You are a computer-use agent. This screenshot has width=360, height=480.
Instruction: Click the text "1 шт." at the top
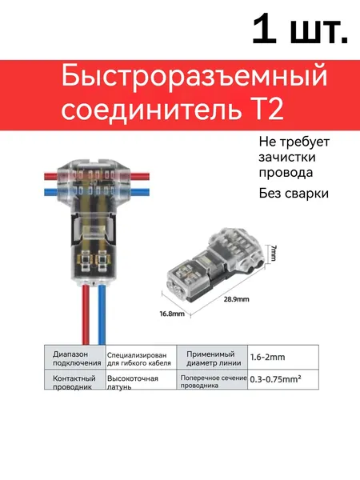pos(300,30)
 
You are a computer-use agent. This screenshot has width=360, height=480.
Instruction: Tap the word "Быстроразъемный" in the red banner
pos(194,76)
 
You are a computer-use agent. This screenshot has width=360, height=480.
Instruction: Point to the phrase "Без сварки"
pos(294,193)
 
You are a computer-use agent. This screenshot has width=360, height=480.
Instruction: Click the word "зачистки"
pos(287,157)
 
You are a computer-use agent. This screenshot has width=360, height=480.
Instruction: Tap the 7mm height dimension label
pos(273,253)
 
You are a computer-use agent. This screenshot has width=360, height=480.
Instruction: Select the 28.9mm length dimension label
pos(236,299)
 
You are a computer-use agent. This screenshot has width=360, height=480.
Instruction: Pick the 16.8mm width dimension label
pos(172,314)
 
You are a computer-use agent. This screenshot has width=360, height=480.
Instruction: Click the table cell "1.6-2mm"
pos(267,358)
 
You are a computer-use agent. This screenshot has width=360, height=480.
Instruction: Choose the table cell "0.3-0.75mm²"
pos(275,379)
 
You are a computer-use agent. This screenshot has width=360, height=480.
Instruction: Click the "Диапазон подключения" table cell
pos(74,358)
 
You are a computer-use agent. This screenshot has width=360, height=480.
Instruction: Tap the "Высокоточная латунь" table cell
pos(141,379)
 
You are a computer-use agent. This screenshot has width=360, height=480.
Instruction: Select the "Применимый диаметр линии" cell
pos(212,358)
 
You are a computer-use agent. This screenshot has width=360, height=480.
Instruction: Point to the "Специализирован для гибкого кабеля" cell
pos(141,358)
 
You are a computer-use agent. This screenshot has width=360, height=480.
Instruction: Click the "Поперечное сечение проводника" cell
pos(212,379)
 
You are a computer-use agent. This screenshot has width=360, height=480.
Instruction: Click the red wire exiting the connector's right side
pos(140,177)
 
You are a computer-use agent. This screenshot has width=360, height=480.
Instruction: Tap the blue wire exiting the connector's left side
pos(51,193)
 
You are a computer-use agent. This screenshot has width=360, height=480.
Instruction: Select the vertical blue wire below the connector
pos(102,314)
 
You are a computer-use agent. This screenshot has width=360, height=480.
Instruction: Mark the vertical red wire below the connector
pos(86,314)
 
